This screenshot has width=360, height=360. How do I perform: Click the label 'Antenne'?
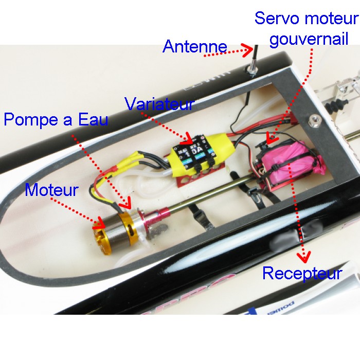194,46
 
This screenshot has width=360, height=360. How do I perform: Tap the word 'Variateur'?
159,104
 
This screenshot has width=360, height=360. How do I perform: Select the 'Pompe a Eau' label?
56,120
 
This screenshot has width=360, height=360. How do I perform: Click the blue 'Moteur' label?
51,190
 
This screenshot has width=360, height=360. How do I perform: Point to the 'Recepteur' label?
302,273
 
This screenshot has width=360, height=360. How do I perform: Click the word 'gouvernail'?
309,40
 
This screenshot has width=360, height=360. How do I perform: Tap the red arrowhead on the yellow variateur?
189,139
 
